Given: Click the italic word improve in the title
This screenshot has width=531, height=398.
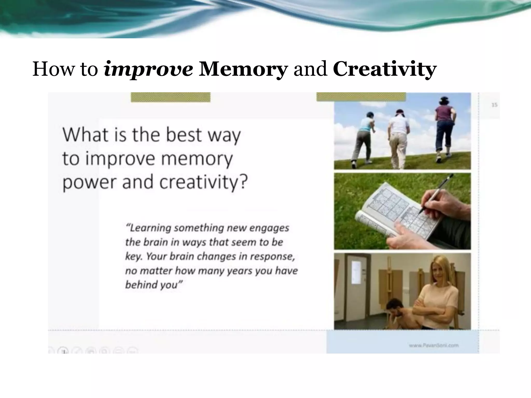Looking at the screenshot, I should [x=148, y=69].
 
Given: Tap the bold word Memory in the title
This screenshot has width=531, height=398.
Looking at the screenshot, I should [x=243, y=69].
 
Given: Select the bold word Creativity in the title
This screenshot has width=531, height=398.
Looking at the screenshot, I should [x=385, y=69].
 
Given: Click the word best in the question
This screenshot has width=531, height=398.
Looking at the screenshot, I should [x=184, y=135].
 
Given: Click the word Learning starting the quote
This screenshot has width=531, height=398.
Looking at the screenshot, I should [x=149, y=228].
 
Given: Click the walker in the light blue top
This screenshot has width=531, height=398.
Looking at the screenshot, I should [x=364, y=137].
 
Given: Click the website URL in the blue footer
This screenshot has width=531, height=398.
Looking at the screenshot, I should [x=434, y=345].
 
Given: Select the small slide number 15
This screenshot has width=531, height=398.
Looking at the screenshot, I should [x=494, y=105].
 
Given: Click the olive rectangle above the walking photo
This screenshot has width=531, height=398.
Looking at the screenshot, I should [x=361, y=97].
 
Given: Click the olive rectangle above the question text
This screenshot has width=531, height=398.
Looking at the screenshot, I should [x=170, y=97].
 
